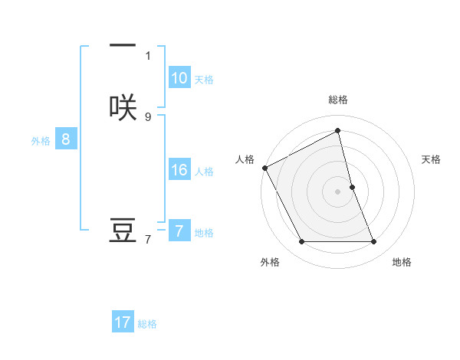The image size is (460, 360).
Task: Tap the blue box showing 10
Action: (x=179, y=78)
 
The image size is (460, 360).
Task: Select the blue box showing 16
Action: (x=179, y=170)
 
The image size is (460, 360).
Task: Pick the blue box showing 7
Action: (x=179, y=231)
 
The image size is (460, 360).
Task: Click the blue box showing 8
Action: (x=66, y=139)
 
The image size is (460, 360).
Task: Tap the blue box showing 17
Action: (x=123, y=322)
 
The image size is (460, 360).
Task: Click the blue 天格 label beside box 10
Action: (x=204, y=80)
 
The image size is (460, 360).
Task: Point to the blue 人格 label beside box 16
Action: (x=204, y=172)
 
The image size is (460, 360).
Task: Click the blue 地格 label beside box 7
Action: (x=204, y=232)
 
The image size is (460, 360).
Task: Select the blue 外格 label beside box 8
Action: (x=41, y=141)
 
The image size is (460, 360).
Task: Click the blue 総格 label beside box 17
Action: (x=147, y=324)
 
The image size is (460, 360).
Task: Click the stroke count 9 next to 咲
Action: (x=148, y=116)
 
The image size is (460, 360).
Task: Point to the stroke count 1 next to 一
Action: (x=148, y=56)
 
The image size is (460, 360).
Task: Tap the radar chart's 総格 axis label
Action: (x=338, y=100)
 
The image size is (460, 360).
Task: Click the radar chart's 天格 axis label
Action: (x=432, y=159)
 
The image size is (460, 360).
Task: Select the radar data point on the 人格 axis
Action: (x=264, y=168)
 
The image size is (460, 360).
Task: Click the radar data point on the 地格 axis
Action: (x=374, y=242)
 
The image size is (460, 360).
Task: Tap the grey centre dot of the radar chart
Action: (x=338, y=191)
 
